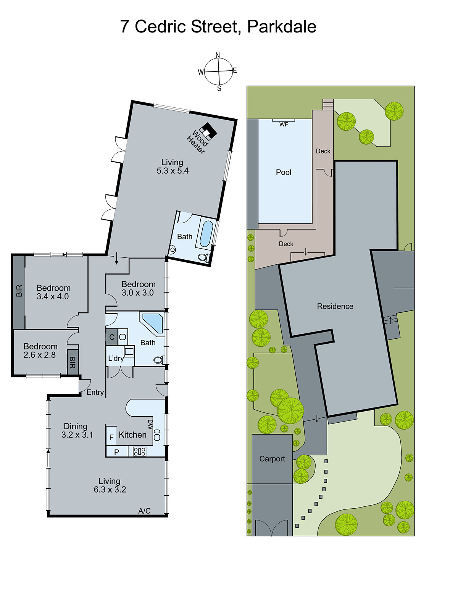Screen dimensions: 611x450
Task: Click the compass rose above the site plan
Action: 218,71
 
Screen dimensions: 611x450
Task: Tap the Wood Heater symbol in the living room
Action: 208,131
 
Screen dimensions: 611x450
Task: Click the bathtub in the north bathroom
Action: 206,234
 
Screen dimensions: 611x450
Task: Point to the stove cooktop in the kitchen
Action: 139,452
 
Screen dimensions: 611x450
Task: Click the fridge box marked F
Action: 111,437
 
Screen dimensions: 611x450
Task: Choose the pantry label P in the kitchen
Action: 116,452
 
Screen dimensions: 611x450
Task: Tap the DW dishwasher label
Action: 150,424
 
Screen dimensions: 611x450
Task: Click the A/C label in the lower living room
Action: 144,511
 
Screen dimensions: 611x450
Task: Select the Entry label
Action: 95,392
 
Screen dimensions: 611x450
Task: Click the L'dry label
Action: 116,358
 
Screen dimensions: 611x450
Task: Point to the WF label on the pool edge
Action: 284,124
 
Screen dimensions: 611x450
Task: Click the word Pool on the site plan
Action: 284,172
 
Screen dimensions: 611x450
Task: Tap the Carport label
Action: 272,459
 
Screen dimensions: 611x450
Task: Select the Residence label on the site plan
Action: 335,306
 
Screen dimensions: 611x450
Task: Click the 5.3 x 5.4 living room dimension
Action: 173,171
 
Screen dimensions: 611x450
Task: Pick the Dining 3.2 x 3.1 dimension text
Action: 77,435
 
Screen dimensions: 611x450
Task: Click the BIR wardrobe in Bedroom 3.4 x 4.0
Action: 19,291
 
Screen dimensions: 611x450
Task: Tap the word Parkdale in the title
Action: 282,27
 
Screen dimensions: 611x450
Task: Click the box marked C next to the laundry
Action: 112,337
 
